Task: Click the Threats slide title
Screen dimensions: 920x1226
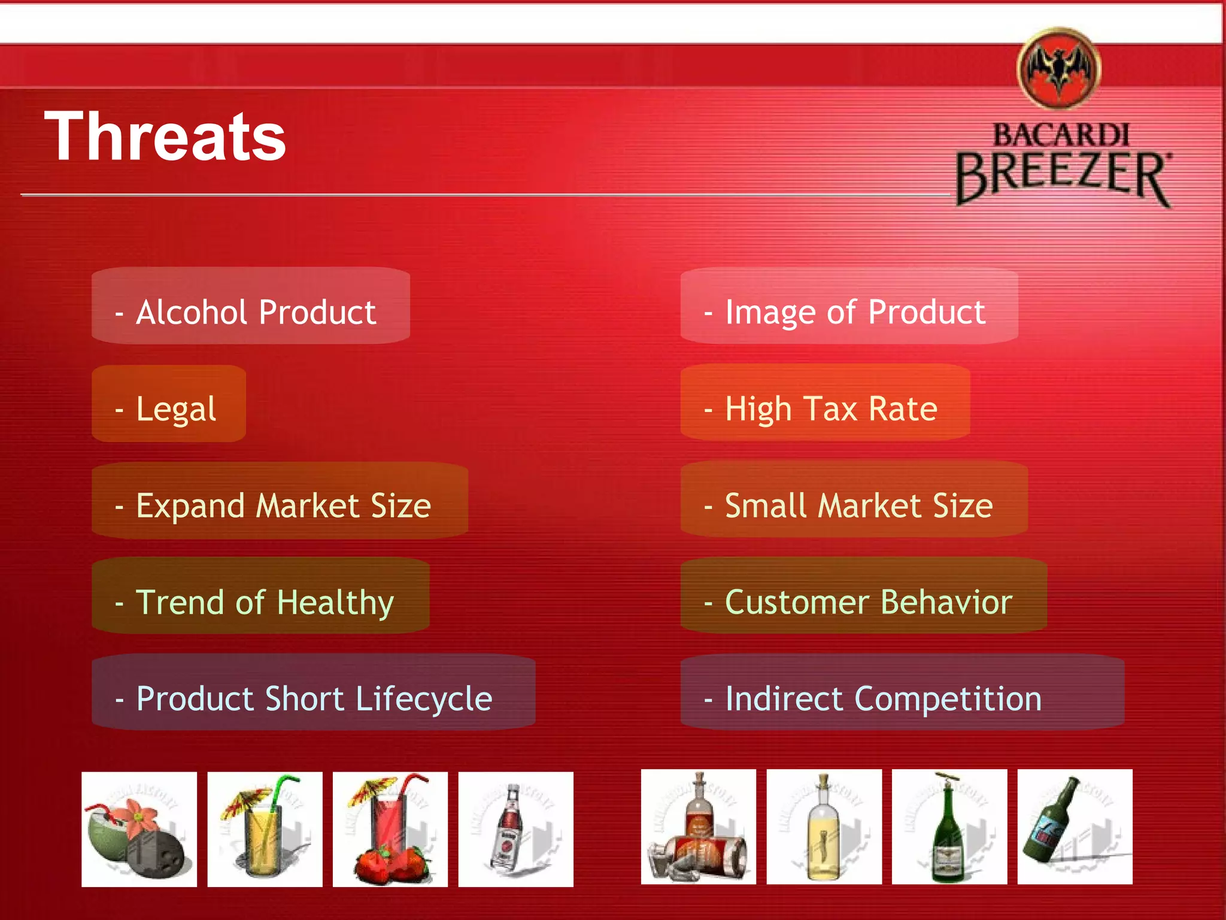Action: pyautogui.click(x=165, y=138)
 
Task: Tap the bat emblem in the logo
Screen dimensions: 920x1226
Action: pyautogui.click(x=1059, y=69)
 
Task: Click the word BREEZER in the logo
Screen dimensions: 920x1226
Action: pyautogui.click(x=1062, y=177)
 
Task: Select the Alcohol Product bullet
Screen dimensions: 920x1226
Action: pyautogui.click(x=250, y=312)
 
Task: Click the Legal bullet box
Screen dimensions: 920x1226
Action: pyautogui.click(x=169, y=409)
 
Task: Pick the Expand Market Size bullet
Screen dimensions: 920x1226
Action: pyautogui.click(x=279, y=506)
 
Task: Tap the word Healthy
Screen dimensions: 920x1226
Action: pyautogui.click(x=335, y=602)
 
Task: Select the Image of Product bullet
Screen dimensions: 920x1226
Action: pyautogui.click(x=849, y=312)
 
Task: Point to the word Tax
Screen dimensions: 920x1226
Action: pyautogui.click(x=830, y=409)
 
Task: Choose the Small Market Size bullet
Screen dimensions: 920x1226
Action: pyautogui.click(x=854, y=506)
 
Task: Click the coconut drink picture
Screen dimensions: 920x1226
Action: pyautogui.click(x=139, y=830)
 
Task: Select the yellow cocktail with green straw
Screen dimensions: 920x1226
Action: pyautogui.click(x=265, y=830)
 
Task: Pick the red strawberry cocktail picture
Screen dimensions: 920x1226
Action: pyautogui.click(x=390, y=830)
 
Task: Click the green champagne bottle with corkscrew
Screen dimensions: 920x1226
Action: pyautogui.click(x=949, y=827)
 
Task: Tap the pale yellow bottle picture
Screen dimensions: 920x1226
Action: pyautogui.click(x=824, y=827)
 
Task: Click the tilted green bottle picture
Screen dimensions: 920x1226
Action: pyautogui.click(x=1075, y=827)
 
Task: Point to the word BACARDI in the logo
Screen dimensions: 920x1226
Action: pyautogui.click(x=1061, y=135)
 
